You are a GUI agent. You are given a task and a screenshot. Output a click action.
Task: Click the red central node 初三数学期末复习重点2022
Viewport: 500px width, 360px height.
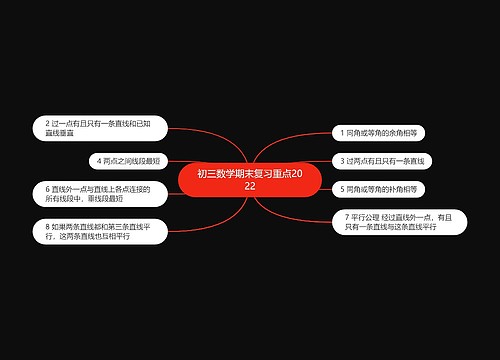(249, 180)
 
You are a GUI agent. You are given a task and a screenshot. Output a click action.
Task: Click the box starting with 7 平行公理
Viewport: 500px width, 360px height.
(391, 222)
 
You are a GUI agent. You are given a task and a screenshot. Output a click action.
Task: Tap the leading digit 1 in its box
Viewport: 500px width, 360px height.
(341, 131)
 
